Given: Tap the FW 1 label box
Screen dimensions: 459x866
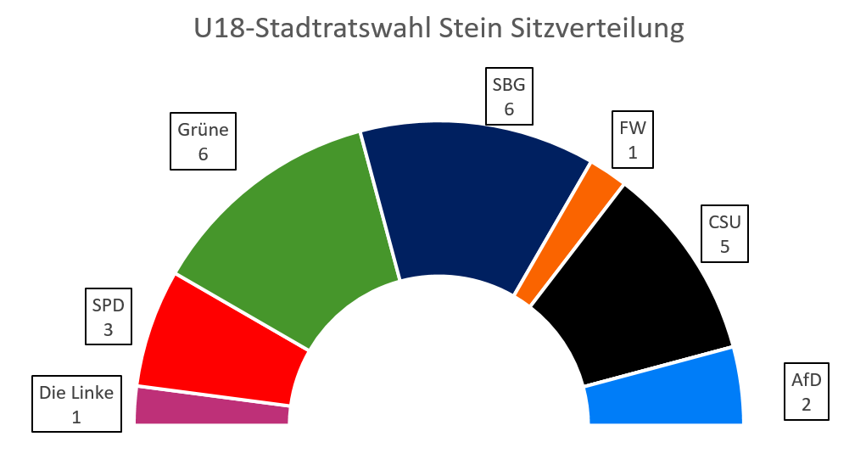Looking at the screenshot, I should [633, 140].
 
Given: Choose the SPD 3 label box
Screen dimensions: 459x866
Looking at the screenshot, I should [109, 316].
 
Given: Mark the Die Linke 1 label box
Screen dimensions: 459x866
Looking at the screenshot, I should [76, 405].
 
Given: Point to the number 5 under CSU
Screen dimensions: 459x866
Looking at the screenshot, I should [724, 248].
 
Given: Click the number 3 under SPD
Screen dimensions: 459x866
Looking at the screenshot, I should [109, 329].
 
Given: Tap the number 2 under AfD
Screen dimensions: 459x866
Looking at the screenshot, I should [806, 404].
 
